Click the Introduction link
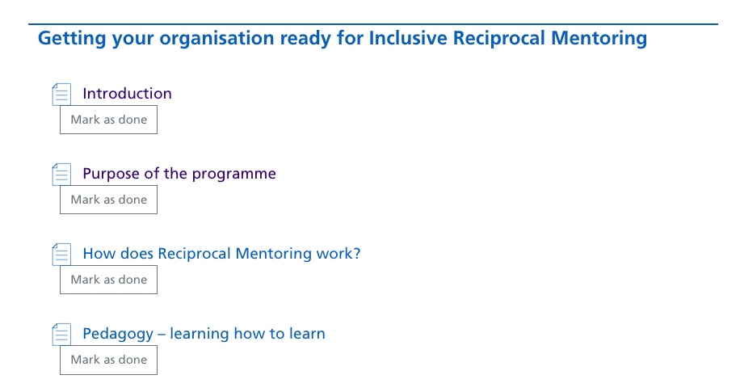pyautogui.click(x=127, y=94)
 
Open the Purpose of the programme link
pyautogui.click(x=179, y=174)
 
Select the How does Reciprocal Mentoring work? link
pyautogui.click(x=221, y=254)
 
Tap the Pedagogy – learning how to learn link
pyautogui.click(x=204, y=334)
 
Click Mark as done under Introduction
pyautogui.click(x=108, y=120)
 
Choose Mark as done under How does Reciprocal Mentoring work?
pyautogui.click(x=108, y=280)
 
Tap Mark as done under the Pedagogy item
pyautogui.click(x=108, y=360)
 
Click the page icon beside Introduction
pyautogui.click(x=61, y=94)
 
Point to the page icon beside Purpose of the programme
pyautogui.click(x=61, y=175)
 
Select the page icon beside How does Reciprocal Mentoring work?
pyautogui.click(x=61, y=254)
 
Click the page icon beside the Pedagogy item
pyautogui.click(x=61, y=335)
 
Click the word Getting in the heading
pyautogui.click(x=72, y=39)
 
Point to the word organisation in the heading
pyautogui.click(x=217, y=39)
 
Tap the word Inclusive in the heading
pyautogui.click(x=408, y=38)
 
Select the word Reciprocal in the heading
pyautogui.click(x=498, y=39)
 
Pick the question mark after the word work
pyautogui.click(x=357, y=254)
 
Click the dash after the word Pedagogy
pyautogui.click(x=162, y=335)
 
